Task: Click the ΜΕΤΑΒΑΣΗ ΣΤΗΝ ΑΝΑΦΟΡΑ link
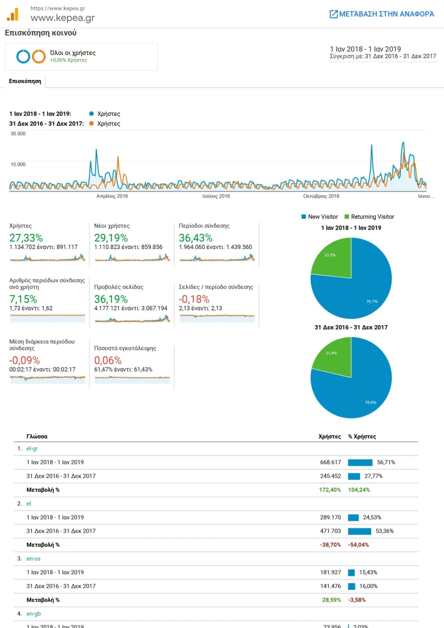(x=382, y=14)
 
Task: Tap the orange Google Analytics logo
(x=13, y=14)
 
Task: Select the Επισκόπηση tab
(x=25, y=81)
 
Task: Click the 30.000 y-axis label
(x=18, y=134)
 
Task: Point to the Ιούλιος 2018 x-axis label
(x=216, y=196)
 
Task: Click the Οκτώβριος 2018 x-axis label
(x=321, y=196)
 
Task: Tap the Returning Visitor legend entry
(x=369, y=217)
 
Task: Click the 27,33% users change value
(x=26, y=238)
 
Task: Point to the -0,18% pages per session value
(x=194, y=299)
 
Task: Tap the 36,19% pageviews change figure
(x=111, y=299)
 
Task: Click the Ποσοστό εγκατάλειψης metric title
(x=125, y=348)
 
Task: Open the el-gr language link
(x=32, y=448)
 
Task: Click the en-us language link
(x=34, y=559)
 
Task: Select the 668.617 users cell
(x=330, y=462)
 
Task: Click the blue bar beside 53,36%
(x=360, y=531)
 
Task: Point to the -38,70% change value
(x=330, y=545)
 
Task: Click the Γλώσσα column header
(x=37, y=436)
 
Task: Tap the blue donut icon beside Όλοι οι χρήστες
(x=23, y=57)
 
